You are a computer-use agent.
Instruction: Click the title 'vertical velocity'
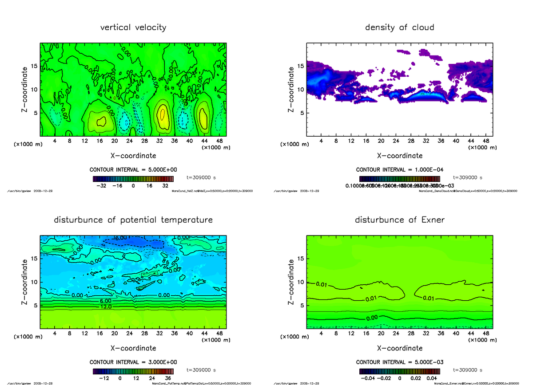pyautogui.click(x=133, y=27)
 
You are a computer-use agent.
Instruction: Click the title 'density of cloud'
pyautogui.click(x=399, y=27)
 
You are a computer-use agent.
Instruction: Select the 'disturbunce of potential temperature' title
pyautogui.click(x=133, y=220)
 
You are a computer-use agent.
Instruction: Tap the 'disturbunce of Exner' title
pyautogui.click(x=399, y=220)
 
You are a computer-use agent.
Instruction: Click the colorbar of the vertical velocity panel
pyautogui.click(x=133, y=179)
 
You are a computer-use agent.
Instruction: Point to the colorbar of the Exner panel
pyautogui.click(x=399, y=371)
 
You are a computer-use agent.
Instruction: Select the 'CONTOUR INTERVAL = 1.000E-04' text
pyautogui.click(x=399, y=169)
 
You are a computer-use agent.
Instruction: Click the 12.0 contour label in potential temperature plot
pyautogui.click(x=106, y=306)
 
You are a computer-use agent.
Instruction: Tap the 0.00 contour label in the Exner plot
pyautogui.click(x=373, y=318)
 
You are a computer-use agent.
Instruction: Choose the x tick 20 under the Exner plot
pyautogui.click(x=381, y=334)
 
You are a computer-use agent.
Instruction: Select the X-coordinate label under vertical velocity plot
pyautogui.click(x=133, y=156)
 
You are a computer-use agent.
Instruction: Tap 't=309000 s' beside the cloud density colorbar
pyautogui.click(x=468, y=177)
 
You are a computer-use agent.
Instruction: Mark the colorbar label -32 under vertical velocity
pyautogui.click(x=104, y=186)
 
